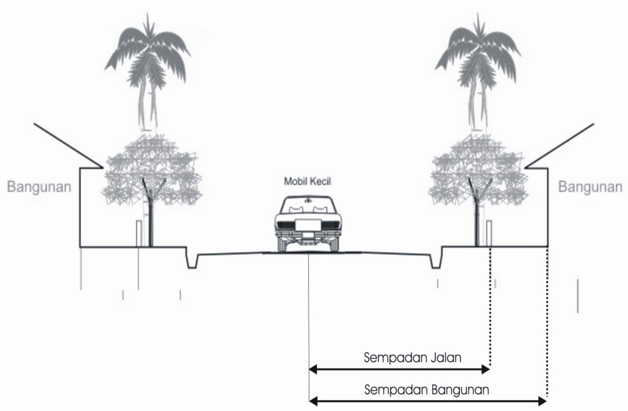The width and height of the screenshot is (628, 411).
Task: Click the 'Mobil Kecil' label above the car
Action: [x=307, y=181]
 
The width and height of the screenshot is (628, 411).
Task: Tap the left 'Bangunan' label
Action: [x=39, y=187]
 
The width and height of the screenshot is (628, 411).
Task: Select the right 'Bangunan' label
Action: [x=590, y=187]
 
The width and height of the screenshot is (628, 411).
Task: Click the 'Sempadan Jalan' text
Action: [x=412, y=358]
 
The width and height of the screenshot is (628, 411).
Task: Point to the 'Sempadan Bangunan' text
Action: [x=426, y=390]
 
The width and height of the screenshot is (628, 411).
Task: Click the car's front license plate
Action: [x=307, y=225]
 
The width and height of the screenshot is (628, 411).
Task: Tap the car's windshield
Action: [x=307, y=205]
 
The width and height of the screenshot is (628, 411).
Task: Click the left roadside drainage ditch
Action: [x=192, y=261]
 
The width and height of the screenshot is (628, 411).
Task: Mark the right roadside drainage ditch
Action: [x=436, y=261]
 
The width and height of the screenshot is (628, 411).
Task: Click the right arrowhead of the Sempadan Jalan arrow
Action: [x=486, y=369]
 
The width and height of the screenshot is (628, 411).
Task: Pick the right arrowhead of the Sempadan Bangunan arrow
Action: [x=542, y=401]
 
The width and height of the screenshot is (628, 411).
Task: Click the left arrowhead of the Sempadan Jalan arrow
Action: [x=313, y=369]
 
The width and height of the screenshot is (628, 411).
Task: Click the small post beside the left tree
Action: [x=139, y=233]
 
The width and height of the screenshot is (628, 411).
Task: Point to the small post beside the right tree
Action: [x=489, y=233]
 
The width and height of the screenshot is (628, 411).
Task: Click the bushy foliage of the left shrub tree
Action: [x=151, y=173]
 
